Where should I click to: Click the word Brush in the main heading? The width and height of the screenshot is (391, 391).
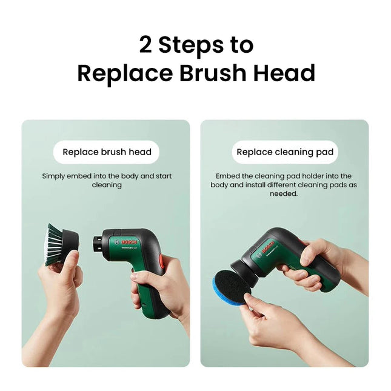(214, 73)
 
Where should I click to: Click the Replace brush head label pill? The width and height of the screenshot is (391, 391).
(107, 152)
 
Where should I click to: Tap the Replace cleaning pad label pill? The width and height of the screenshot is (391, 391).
(285, 152)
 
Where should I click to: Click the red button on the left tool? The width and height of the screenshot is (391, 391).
(161, 262)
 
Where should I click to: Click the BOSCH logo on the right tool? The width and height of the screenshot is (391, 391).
(267, 248)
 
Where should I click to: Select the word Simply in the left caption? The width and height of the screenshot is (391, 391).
(55, 176)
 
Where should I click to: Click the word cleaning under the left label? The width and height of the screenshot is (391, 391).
(107, 185)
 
